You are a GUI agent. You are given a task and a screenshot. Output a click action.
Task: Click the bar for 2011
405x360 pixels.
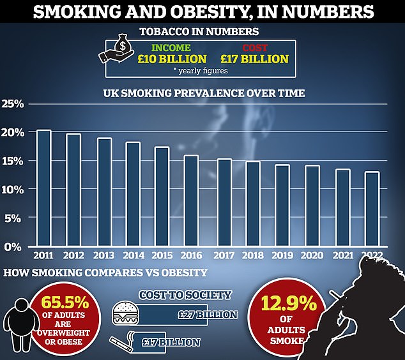pyautogui.click(x=44, y=188)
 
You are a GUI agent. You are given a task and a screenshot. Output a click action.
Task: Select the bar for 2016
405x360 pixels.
pyautogui.click(x=192, y=200)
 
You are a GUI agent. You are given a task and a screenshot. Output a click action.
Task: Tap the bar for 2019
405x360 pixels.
pyautogui.click(x=282, y=205)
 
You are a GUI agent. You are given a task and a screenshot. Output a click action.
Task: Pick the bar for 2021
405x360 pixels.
pyautogui.click(x=342, y=207)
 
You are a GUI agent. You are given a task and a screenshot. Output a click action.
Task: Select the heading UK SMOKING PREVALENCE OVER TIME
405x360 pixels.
pyautogui.click(x=204, y=93)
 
